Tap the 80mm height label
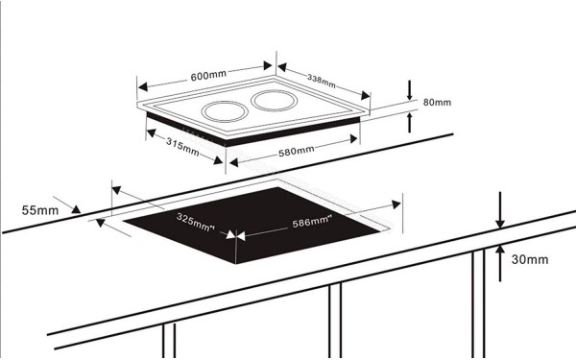[x=437, y=102]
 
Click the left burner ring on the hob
[x=222, y=111]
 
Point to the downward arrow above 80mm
[x=411, y=93]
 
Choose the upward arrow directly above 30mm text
[x=499, y=249]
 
